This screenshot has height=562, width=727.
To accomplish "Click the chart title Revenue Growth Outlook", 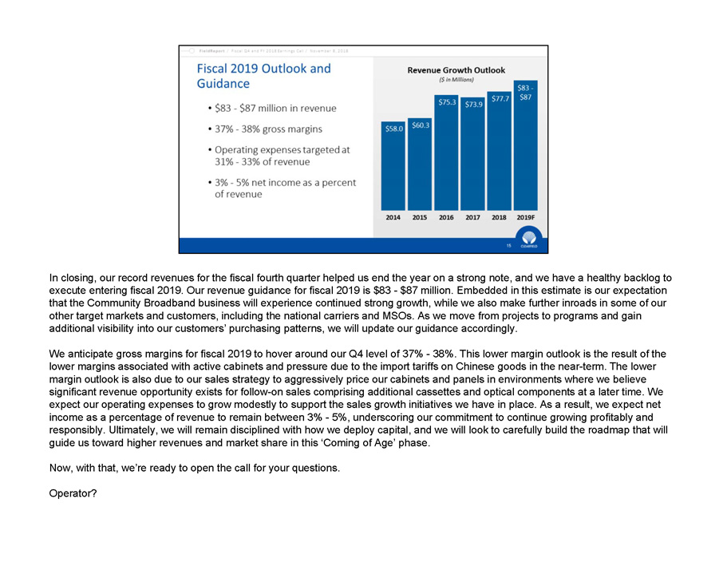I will point(456,70).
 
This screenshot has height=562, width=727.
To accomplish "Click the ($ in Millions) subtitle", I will point(456,80).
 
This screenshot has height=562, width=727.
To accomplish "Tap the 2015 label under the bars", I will point(420,217).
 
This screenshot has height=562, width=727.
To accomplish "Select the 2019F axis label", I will point(525,217).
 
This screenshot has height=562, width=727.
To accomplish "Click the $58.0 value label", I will point(393,129).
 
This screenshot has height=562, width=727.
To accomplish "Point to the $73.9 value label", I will point(472,105).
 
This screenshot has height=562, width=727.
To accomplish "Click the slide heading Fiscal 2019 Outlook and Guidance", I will point(263,76).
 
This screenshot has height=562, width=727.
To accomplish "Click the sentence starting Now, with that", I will point(195,467).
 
